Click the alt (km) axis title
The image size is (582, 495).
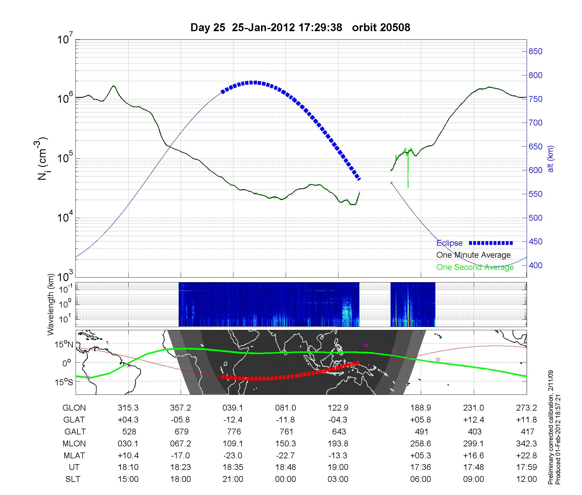(x=551, y=159)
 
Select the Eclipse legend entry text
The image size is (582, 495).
(x=449, y=243)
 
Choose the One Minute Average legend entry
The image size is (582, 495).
(x=473, y=255)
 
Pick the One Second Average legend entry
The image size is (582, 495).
(x=475, y=267)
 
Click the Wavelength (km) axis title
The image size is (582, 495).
(x=51, y=304)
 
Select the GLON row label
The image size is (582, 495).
(x=74, y=408)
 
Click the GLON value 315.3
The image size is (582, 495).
(x=128, y=408)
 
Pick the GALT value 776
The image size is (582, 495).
(x=234, y=432)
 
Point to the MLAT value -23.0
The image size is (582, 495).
(x=233, y=455)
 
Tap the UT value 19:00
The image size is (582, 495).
(x=338, y=467)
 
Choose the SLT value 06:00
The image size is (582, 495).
(x=420, y=479)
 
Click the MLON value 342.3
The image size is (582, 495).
(x=527, y=443)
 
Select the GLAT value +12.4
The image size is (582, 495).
(x=473, y=420)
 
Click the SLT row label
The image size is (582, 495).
(x=73, y=479)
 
